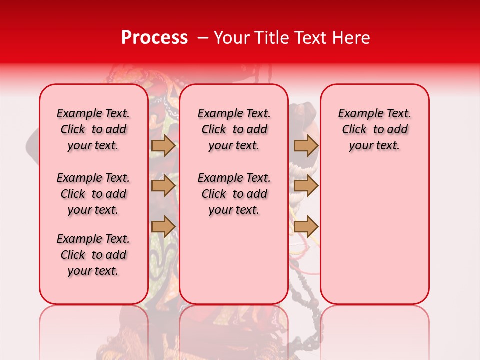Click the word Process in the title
tap(154, 38)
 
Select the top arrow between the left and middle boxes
tap(163, 146)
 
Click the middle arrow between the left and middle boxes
tap(163, 186)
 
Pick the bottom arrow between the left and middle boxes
tap(163, 227)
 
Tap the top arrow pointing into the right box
tap(306, 146)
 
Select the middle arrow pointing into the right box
tap(306, 186)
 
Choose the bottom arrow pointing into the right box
tap(306, 227)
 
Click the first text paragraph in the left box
tap(93, 129)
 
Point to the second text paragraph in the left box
tap(93, 194)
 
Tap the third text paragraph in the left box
tap(93, 255)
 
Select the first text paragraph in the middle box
tap(234, 129)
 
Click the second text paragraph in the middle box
tap(234, 194)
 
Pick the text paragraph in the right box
tap(375, 129)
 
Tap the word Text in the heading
tap(313, 38)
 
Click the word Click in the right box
tap(354, 130)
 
